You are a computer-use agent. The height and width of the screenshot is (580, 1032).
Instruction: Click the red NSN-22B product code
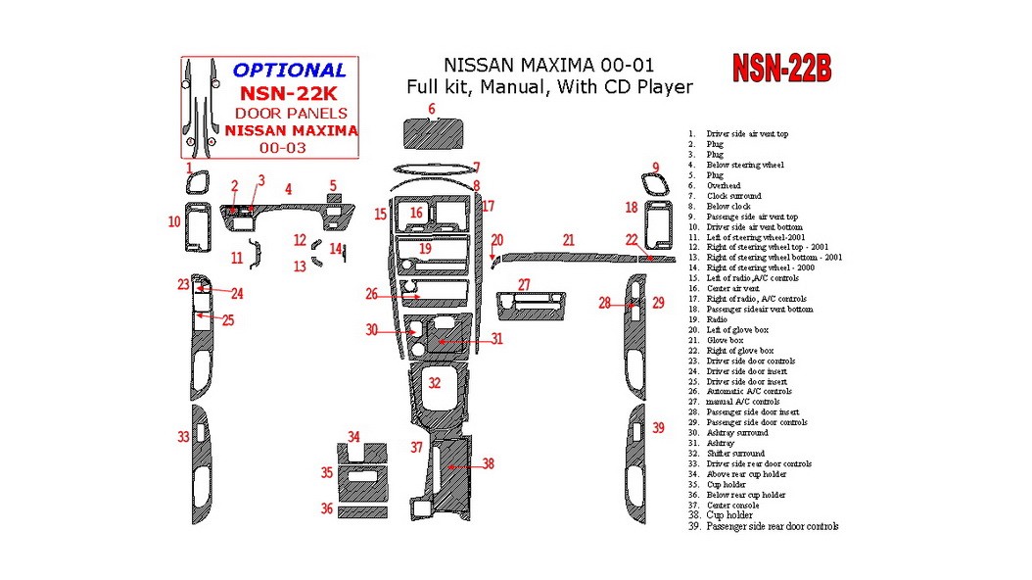click(x=782, y=69)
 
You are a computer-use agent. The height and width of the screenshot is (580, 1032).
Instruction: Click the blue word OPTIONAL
click(x=289, y=70)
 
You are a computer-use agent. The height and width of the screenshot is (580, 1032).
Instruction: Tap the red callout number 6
click(x=431, y=109)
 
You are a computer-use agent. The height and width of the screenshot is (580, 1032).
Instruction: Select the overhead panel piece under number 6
click(x=434, y=132)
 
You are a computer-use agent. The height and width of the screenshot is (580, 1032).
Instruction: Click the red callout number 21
click(x=568, y=239)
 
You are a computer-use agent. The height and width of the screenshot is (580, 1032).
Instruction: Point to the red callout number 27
click(x=524, y=284)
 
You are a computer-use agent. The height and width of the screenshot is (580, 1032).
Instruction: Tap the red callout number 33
click(x=183, y=437)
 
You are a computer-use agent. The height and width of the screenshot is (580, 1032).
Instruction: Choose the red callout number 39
click(x=659, y=428)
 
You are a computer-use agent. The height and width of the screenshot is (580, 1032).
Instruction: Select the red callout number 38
click(x=488, y=464)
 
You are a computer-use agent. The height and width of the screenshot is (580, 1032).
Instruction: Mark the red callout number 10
click(x=174, y=222)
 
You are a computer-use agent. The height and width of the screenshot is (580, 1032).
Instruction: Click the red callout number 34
click(x=353, y=437)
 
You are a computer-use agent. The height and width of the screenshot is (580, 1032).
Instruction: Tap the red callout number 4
click(x=288, y=188)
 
